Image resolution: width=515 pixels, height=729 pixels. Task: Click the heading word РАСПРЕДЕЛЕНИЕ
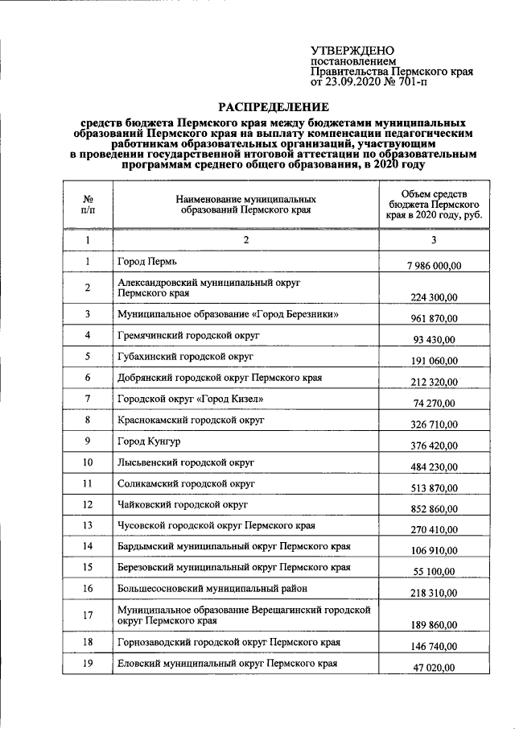[x=275, y=106]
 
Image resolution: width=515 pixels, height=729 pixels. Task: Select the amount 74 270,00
[x=433, y=404]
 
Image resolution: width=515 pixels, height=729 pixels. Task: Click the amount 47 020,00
[x=433, y=668]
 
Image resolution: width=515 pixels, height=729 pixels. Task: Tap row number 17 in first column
[x=88, y=617]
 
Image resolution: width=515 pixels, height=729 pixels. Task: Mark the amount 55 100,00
[x=433, y=571]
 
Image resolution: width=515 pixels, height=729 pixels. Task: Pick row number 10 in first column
[x=88, y=462]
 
